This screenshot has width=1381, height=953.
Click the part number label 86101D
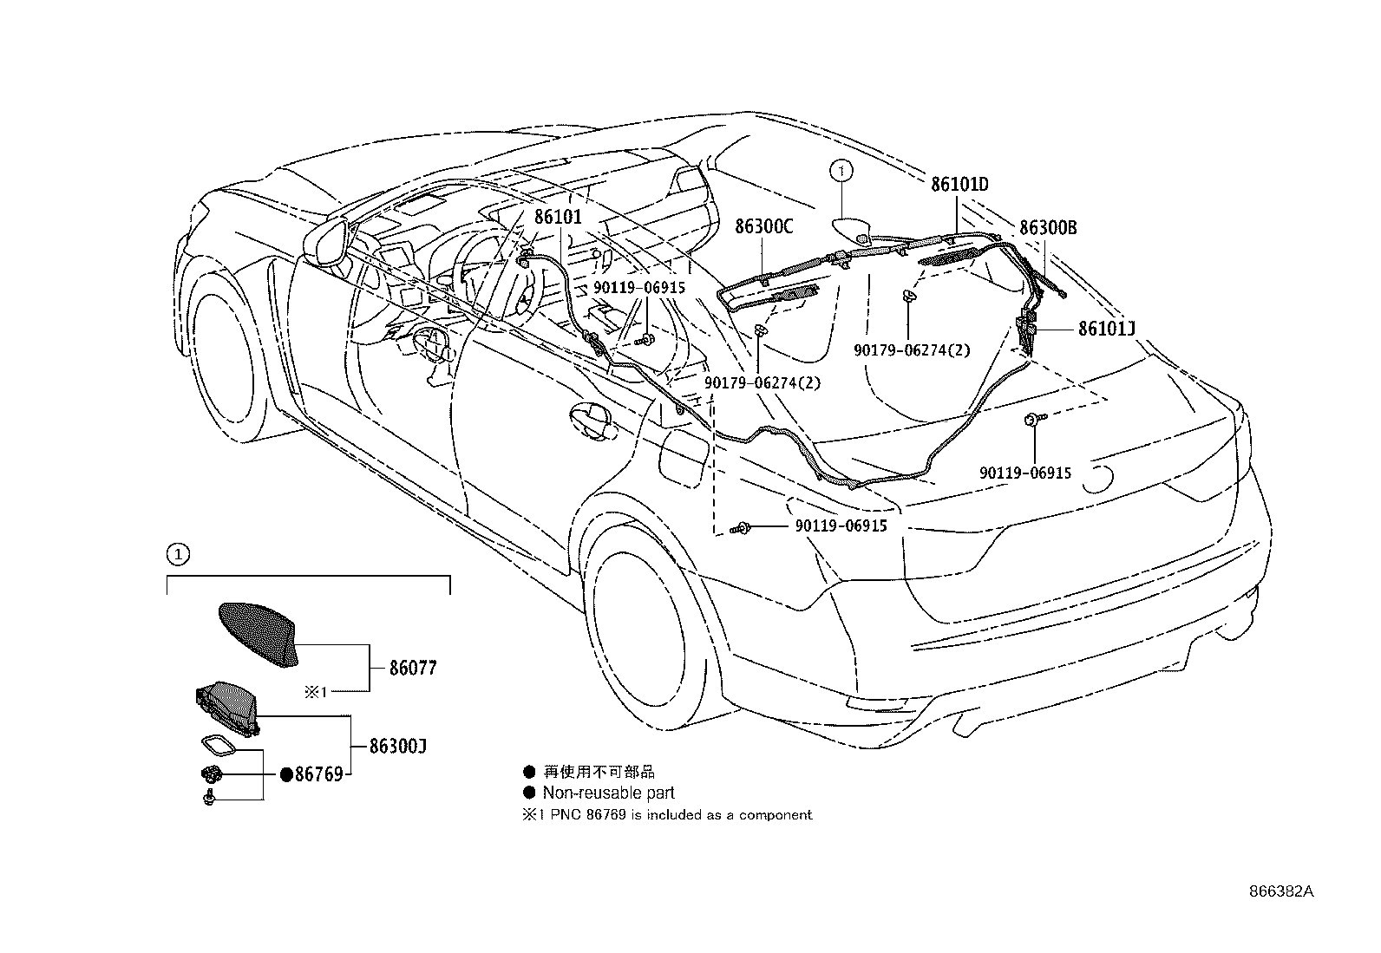pos(959,185)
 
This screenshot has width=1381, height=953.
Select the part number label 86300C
pos(763,227)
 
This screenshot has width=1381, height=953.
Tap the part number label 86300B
pos(1048,228)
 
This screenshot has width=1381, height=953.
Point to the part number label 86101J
pos(1107,329)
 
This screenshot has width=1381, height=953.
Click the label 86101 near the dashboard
pos(558,218)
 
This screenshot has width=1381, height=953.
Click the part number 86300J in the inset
pos(396,746)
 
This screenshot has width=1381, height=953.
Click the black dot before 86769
pos(286,774)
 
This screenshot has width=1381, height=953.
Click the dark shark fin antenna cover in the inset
pos(256,633)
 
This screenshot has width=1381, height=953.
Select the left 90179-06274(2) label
pos(762,382)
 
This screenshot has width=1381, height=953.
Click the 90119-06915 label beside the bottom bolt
pos(841,526)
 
